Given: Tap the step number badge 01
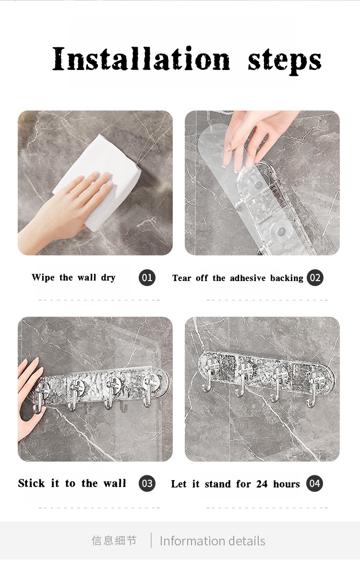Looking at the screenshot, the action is point(147,278).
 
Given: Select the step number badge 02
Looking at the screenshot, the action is point(315,278).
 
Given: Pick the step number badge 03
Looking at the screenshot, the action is point(147,483).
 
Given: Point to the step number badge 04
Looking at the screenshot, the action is point(314,483).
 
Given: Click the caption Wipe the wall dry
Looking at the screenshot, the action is point(73,278).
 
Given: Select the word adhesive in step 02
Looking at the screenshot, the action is point(248,278).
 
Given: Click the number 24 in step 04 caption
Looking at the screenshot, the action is point(262,483).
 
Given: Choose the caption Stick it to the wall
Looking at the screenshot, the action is point(72,483).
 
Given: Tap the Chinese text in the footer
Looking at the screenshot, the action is point(114,541).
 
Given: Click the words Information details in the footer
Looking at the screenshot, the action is point(212,541).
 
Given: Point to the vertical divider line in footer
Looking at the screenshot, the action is point(151,541).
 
